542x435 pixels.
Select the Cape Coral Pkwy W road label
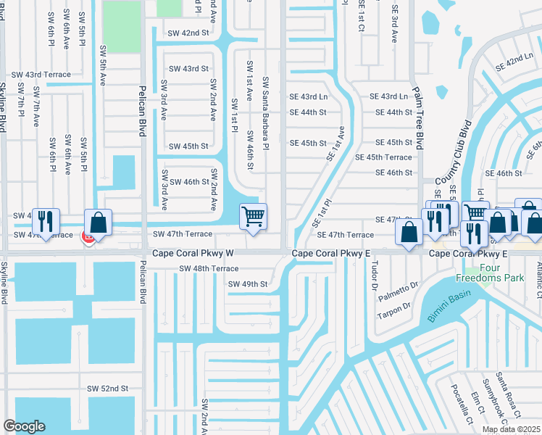click(x=193, y=253)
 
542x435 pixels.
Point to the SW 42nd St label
click(x=188, y=33)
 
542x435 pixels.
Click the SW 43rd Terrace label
click(x=41, y=75)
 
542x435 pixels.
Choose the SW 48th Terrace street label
click(x=209, y=268)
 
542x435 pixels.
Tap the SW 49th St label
click(x=248, y=283)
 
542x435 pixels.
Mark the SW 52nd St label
click(x=107, y=389)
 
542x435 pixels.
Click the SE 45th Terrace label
click(x=383, y=157)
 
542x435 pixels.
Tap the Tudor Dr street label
click(x=375, y=275)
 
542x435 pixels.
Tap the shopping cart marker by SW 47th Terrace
click(x=253, y=216)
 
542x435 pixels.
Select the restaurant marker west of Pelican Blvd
click(x=46, y=222)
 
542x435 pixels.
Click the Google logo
click(x=24, y=426)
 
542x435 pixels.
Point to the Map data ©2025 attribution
click(x=510, y=429)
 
